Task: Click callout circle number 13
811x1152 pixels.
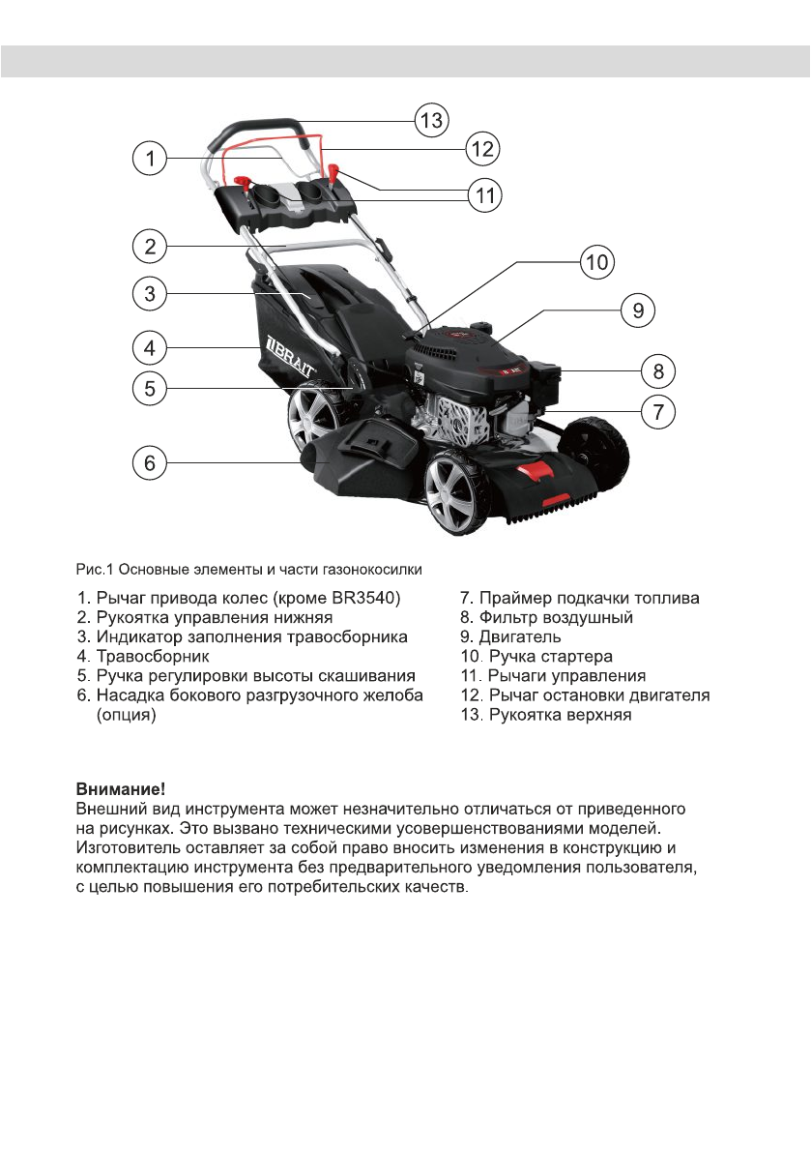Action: [x=430, y=121]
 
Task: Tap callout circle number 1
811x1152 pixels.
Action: [x=148, y=159]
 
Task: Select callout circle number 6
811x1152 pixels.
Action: [x=148, y=463]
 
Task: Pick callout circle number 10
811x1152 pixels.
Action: [x=596, y=261]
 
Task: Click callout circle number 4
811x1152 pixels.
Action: [x=148, y=345]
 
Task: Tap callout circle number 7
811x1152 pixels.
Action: [x=657, y=411]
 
